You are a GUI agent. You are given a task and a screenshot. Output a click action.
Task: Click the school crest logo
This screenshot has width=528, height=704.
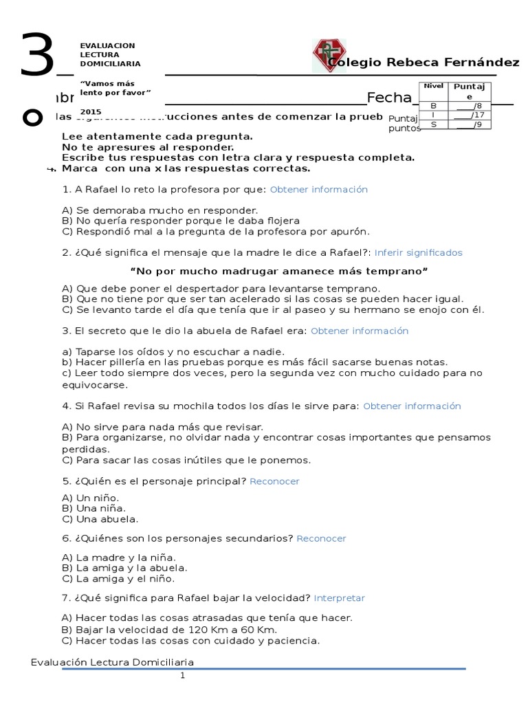[x=330, y=56]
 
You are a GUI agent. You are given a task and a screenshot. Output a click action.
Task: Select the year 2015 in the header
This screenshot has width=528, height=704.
[x=89, y=111]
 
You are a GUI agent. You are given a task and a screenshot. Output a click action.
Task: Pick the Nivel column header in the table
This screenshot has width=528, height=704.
[x=433, y=86]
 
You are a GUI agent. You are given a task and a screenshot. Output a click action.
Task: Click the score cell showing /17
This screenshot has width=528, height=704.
[x=465, y=115]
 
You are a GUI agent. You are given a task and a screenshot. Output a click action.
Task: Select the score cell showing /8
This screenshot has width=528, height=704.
[x=465, y=105]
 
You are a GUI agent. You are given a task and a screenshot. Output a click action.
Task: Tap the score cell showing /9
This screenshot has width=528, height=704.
[x=465, y=124]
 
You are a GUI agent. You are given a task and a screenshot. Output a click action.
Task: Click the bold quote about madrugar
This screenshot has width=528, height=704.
[x=279, y=272]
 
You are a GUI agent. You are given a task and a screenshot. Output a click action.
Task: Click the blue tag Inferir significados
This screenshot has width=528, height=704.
[x=418, y=252]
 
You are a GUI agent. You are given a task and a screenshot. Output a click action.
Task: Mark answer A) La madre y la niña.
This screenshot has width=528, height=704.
[x=118, y=557]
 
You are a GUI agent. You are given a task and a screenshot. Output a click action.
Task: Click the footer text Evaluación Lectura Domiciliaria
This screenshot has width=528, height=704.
[x=113, y=662]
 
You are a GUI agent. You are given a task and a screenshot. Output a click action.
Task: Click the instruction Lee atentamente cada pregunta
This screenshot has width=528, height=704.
[x=157, y=136]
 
